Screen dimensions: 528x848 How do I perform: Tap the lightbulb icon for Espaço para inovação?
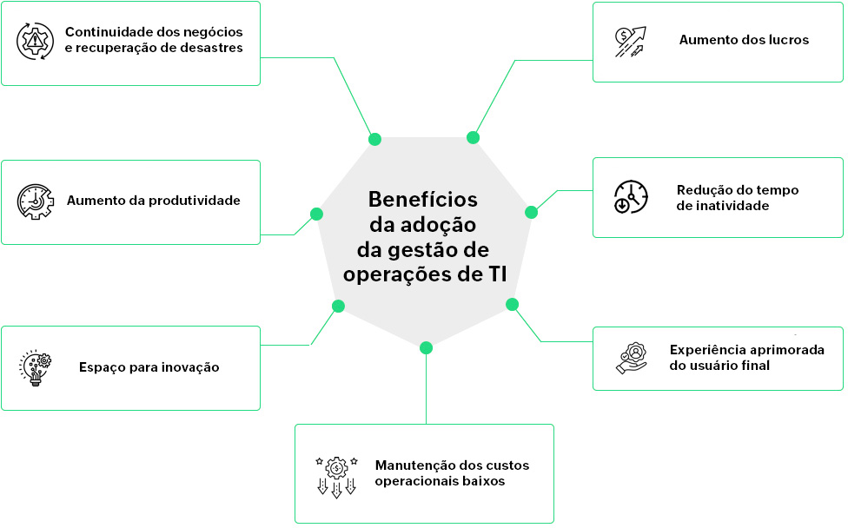click(36, 367)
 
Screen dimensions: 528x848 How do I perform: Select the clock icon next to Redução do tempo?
click(631, 198)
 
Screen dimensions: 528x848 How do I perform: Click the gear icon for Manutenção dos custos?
click(336, 474)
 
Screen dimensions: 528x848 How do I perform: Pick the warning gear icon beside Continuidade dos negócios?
click(36, 41)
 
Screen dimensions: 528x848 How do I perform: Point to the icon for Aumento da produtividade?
click(36, 201)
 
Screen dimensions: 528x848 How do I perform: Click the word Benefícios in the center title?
click(423, 199)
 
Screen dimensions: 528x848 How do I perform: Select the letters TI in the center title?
click(495, 274)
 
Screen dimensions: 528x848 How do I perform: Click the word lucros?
click(787, 40)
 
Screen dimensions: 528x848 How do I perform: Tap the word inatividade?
click(723, 206)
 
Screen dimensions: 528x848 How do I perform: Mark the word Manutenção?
click(411, 465)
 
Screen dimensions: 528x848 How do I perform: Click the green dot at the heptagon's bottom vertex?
click(426, 348)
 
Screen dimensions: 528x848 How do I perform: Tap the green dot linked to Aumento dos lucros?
click(474, 137)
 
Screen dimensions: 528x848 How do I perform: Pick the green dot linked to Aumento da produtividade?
click(316, 214)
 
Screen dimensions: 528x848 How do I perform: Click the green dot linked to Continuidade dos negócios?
click(374, 139)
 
